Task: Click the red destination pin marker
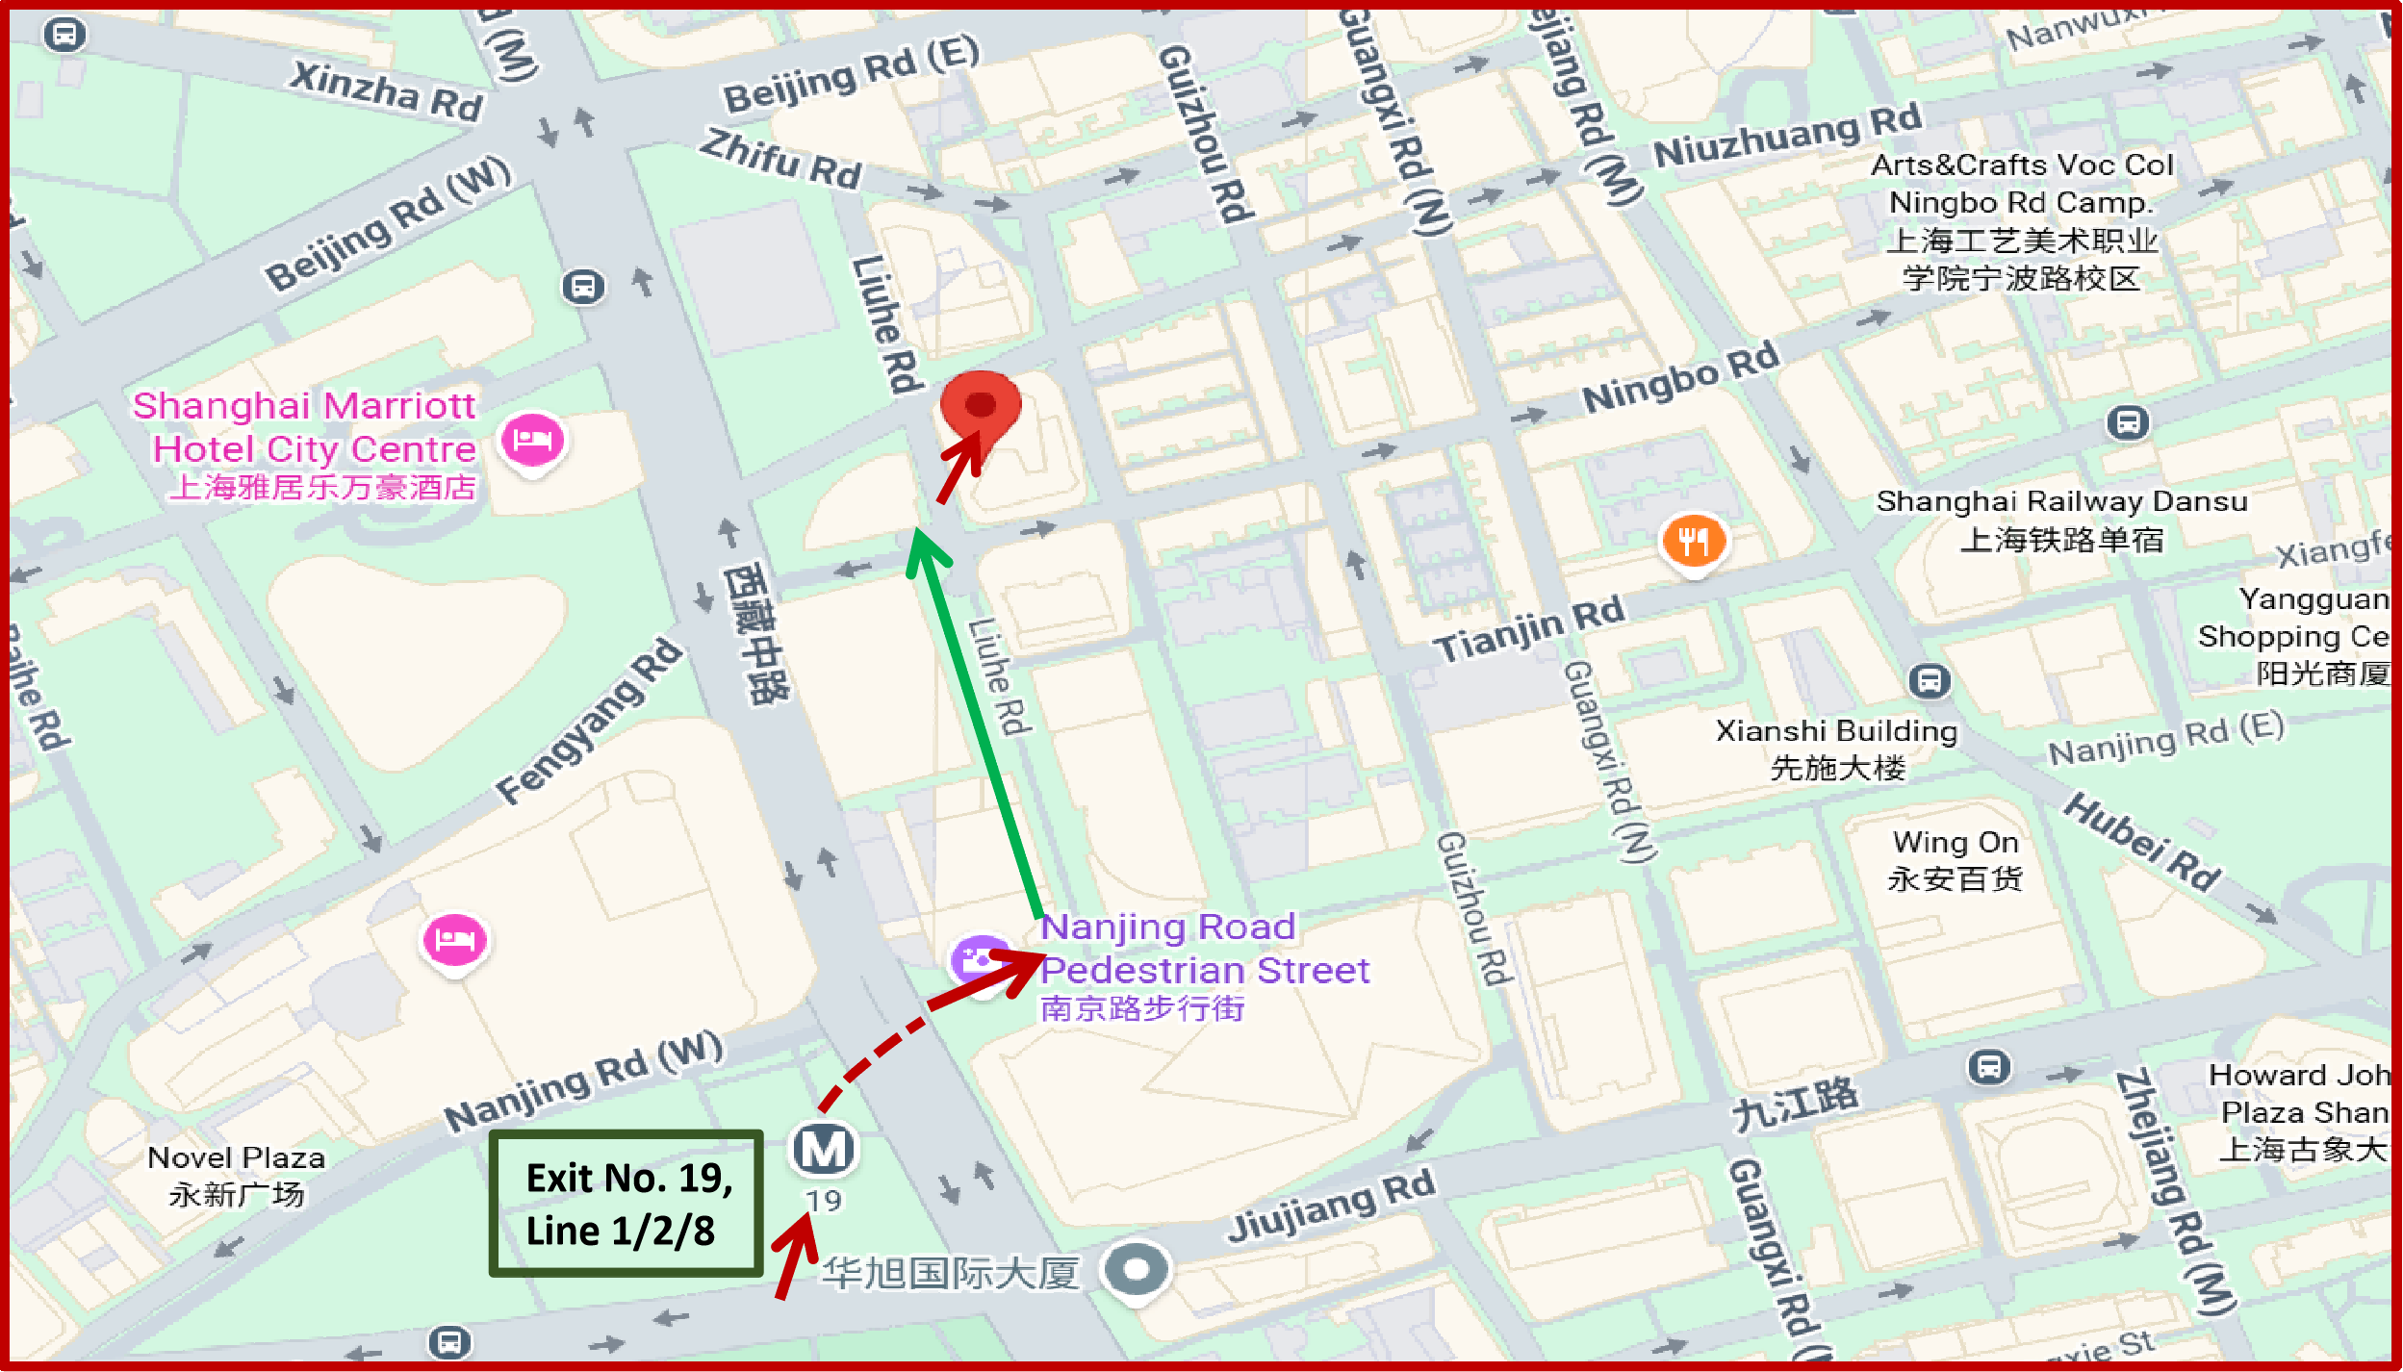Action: pos(980,408)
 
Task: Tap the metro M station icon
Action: pos(823,1149)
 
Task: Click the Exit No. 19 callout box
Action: pos(626,1204)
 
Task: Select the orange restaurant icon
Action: pos(1694,541)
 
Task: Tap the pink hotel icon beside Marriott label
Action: pos(532,440)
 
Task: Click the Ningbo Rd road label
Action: pos(1681,376)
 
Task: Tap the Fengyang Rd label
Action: pos(589,722)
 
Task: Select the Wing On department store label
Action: pos(1955,860)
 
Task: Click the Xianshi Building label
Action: pos(1836,748)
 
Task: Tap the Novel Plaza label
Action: pos(236,1175)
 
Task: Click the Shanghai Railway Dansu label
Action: pos(2061,519)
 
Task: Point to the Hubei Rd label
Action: pos(2142,841)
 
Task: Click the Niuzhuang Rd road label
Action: pos(1787,136)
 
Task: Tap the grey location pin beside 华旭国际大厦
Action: pos(1136,1269)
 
